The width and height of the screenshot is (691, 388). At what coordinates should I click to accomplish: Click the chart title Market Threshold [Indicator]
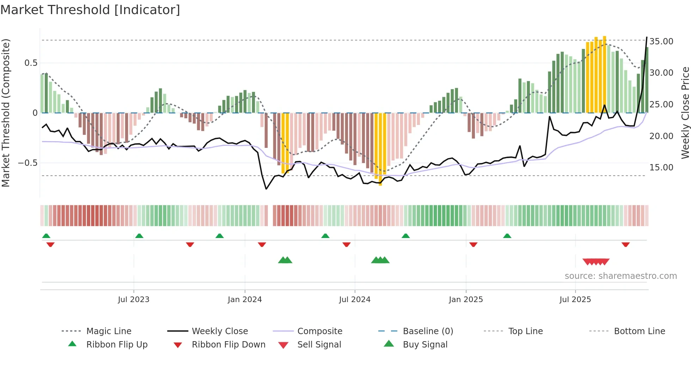click(x=90, y=10)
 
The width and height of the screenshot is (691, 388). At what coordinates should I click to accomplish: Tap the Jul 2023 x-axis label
click(x=134, y=300)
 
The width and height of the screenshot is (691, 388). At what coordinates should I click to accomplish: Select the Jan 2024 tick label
click(x=245, y=300)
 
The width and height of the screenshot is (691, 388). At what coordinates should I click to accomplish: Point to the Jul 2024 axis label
click(x=355, y=300)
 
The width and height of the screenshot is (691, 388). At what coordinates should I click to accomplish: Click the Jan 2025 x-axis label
click(x=466, y=300)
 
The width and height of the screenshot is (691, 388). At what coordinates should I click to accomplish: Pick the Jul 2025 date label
click(x=575, y=300)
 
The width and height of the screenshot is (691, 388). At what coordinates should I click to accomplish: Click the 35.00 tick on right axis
click(x=661, y=42)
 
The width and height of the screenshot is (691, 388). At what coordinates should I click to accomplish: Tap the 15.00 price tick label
click(x=661, y=168)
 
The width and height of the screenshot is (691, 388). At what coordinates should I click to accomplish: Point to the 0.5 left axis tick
click(x=31, y=63)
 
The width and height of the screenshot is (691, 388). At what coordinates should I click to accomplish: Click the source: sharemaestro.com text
click(x=620, y=276)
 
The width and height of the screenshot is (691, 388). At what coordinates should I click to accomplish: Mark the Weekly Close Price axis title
click(x=685, y=113)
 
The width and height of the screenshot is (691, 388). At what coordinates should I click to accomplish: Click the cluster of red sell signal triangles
click(x=596, y=262)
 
